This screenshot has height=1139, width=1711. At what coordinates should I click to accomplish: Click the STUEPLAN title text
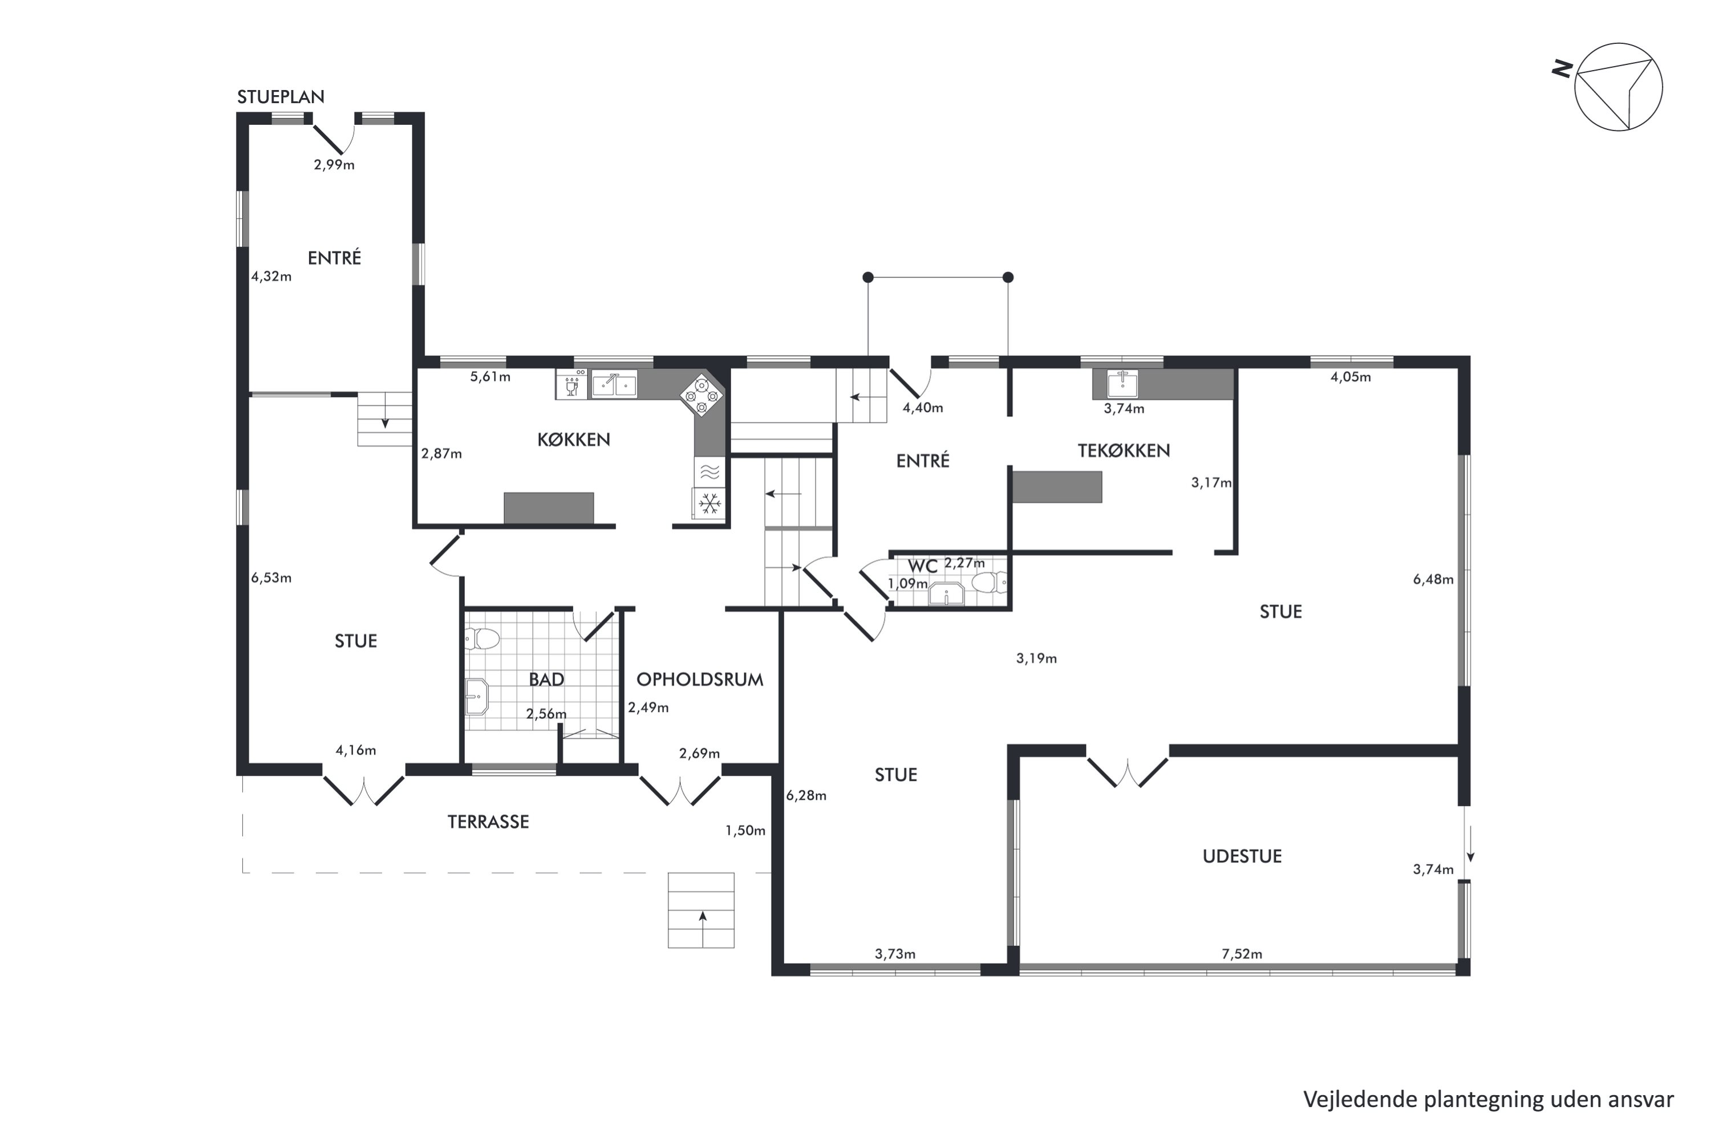pos(281,96)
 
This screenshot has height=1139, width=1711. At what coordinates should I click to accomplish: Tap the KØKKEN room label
pos(573,439)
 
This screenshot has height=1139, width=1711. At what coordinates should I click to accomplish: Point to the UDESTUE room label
pos(1242,856)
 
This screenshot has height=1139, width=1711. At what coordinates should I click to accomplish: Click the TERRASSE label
pos(488,821)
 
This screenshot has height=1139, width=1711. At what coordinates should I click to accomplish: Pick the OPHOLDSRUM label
pos(700,679)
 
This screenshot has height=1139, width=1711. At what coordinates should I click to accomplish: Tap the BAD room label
pos(546,679)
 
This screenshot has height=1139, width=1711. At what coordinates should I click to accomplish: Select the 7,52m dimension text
pos(1242,954)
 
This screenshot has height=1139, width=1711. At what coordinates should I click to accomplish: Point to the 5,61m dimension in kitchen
pos(490,376)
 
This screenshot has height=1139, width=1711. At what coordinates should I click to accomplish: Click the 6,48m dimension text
pos(1433,579)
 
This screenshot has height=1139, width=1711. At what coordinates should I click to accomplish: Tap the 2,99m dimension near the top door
pos(334,165)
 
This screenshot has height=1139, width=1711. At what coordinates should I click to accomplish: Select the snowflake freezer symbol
pos(709,503)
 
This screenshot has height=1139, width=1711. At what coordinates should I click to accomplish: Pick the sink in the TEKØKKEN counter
pos(1122,383)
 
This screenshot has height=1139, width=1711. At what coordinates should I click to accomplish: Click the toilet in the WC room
pos(990,582)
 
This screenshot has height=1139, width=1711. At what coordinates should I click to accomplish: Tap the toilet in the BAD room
pos(482,638)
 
